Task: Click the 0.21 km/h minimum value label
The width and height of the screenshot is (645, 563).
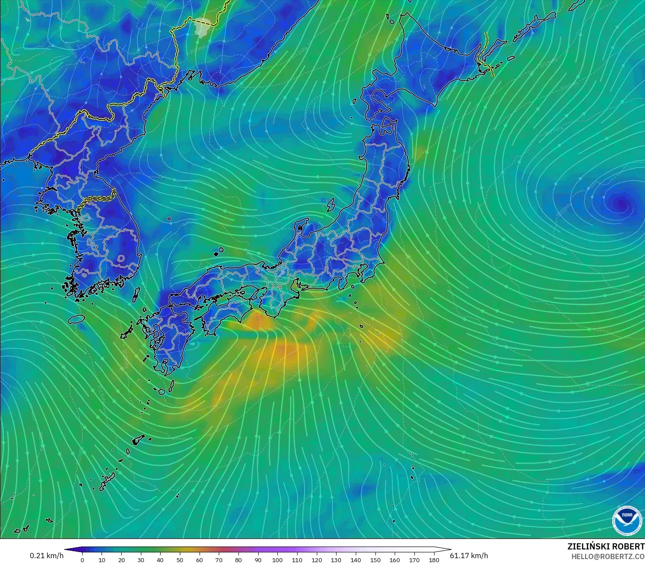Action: click(46, 556)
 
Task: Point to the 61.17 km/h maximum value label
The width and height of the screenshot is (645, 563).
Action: click(469, 556)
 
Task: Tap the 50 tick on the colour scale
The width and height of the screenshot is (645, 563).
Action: click(180, 560)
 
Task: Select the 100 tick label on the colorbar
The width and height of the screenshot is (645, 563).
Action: click(277, 560)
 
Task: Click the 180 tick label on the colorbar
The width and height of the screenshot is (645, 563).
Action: click(434, 560)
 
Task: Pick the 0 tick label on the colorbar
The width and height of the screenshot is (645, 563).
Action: click(82, 560)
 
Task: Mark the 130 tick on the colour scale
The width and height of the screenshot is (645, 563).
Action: click(336, 560)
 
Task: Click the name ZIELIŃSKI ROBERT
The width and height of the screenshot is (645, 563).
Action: click(606, 546)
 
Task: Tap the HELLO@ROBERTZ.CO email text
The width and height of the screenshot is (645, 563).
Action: click(608, 556)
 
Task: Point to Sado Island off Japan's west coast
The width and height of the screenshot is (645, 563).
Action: click(331, 204)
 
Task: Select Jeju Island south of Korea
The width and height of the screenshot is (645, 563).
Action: click(77, 319)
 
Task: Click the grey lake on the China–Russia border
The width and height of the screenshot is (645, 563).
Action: click(203, 27)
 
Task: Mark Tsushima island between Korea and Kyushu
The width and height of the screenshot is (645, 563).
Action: click(136, 294)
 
